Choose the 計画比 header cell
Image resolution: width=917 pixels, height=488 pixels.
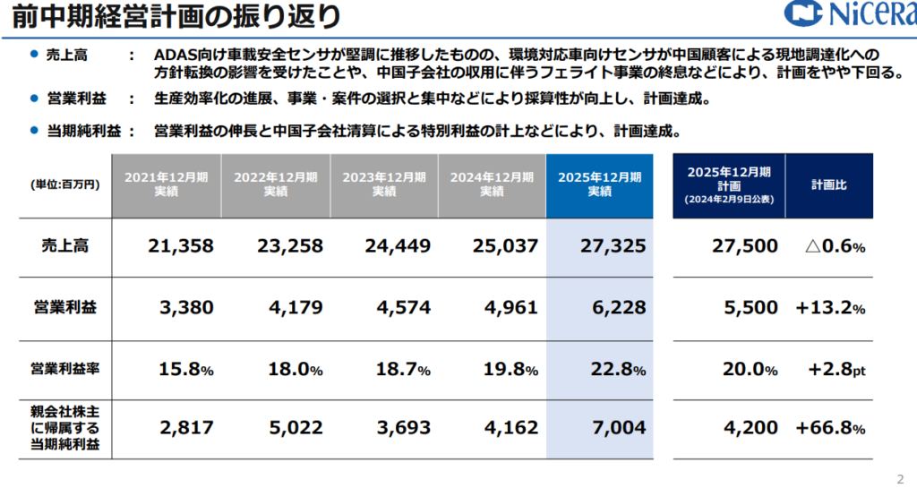click(829, 184)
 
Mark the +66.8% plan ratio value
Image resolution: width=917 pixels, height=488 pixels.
click(830, 428)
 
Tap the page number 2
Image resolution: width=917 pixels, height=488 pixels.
click(900, 476)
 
